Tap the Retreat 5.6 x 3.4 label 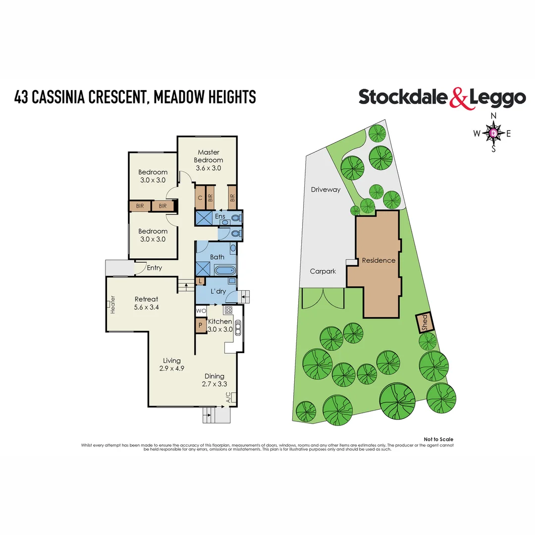[x=147, y=303]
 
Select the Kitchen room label [x=220, y=321]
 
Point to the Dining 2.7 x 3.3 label [x=214, y=380]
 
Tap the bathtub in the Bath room [x=226, y=271]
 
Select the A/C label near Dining [x=228, y=397]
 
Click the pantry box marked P [x=200, y=326]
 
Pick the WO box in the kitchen [x=201, y=311]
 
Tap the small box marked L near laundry [x=200, y=281]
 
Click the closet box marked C [x=200, y=198]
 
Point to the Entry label [x=154, y=268]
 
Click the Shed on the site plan [x=425, y=322]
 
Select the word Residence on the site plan [x=378, y=260]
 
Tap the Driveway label [x=325, y=189]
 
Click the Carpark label [x=323, y=271]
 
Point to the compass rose [x=493, y=133]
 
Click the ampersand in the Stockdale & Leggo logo [x=458, y=98]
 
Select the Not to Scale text [x=438, y=439]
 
